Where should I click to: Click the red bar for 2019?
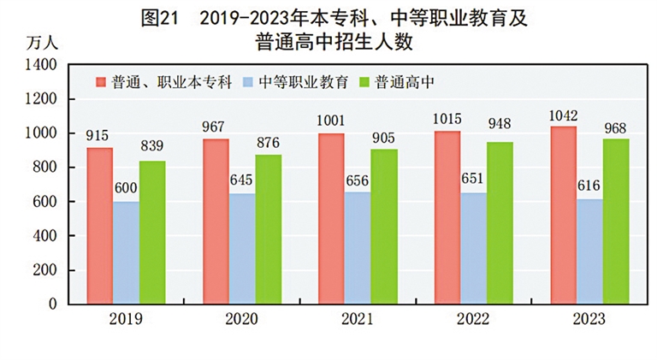(99, 226)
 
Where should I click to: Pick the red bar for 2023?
(564, 215)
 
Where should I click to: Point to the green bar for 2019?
(152, 233)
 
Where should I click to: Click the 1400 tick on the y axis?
(41, 65)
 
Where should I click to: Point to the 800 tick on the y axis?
(44, 168)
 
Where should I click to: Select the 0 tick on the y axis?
(53, 304)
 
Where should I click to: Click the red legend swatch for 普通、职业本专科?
(101, 82)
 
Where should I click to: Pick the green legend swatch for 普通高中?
(363, 82)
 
